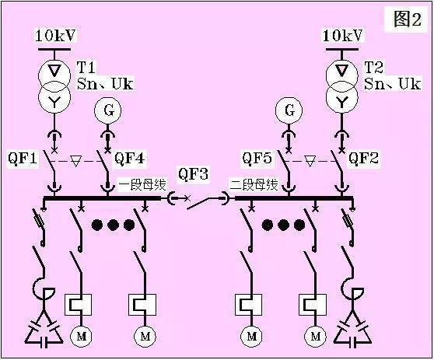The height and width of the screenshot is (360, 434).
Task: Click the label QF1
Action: click(x=23, y=158)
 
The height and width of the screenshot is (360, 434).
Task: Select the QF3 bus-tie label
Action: click(x=193, y=173)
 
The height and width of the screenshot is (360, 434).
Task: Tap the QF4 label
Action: click(x=130, y=158)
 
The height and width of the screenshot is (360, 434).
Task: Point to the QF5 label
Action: click(x=257, y=158)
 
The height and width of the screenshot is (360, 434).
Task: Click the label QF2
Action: click(x=363, y=158)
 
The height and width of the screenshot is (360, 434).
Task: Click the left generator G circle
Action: click(x=108, y=110)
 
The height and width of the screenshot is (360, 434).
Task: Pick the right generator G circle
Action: click(x=289, y=110)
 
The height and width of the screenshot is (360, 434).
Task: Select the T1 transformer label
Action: click(x=86, y=67)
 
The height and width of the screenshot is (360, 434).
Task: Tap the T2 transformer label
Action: click(x=373, y=67)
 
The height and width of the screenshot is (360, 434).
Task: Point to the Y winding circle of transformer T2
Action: click(x=342, y=98)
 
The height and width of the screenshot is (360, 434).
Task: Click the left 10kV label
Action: click(x=55, y=36)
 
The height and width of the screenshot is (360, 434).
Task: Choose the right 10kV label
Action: click(x=343, y=36)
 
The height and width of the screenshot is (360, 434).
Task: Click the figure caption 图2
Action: click(x=407, y=19)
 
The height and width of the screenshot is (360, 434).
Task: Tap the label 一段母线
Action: click(x=142, y=185)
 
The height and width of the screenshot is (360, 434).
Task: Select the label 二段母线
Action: click(x=254, y=185)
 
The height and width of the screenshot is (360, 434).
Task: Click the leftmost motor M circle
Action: click(x=81, y=337)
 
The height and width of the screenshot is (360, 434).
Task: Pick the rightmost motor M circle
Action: click(x=316, y=337)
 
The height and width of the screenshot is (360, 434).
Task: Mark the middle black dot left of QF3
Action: click(x=113, y=225)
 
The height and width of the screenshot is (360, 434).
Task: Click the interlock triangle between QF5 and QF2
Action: click(x=310, y=161)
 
